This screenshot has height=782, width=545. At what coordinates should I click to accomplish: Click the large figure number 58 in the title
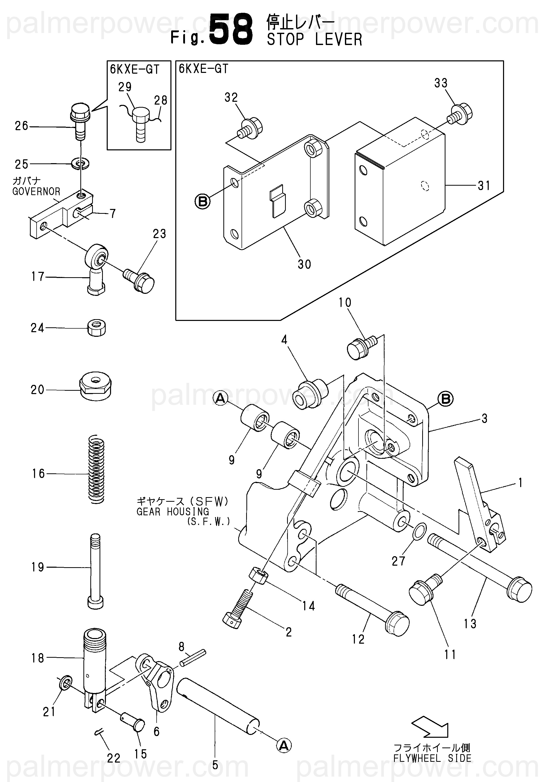231,30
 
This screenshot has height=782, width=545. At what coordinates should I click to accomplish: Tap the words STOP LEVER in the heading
314,39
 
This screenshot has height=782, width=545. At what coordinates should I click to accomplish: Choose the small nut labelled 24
96,328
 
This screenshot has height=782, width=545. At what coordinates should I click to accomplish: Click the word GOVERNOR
36,192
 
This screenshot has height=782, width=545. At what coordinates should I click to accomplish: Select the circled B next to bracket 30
202,201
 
